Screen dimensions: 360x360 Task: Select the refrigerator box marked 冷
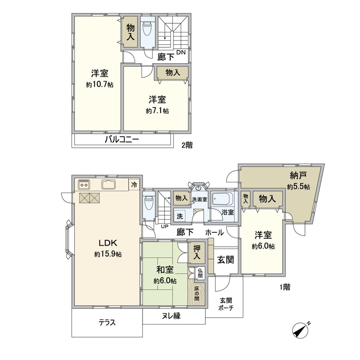coord(134,184)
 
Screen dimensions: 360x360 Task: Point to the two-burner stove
coord(84,185)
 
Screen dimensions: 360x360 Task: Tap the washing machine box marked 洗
coord(180,216)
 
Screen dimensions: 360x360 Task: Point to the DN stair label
coord(181,52)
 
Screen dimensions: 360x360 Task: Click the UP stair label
coord(164,227)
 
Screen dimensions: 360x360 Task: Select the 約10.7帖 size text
coord(100,85)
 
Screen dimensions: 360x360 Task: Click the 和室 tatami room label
coord(165,270)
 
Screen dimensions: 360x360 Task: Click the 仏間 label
coord(200,273)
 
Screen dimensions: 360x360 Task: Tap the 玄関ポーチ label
coord(226,304)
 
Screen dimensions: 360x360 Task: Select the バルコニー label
coord(122,139)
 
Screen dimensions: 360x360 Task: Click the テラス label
coord(107,323)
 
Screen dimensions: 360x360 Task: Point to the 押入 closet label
coord(197,252)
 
